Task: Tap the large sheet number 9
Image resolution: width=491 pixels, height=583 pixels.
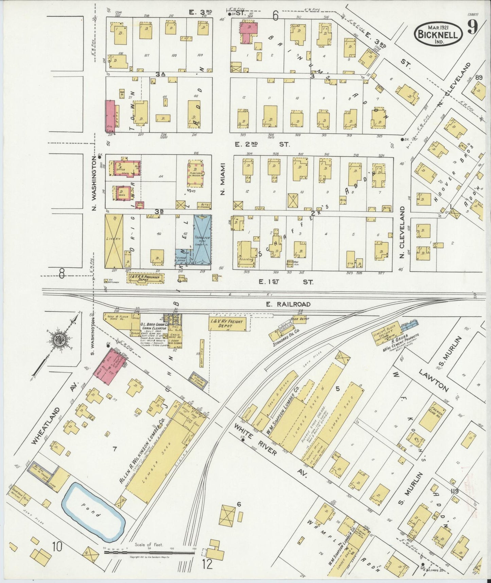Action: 472,27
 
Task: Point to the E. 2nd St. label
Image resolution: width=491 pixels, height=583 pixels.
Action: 262,144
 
